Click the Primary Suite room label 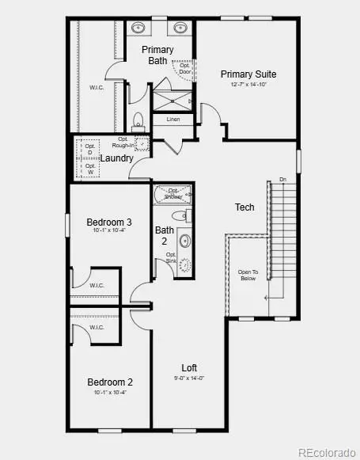(x=248, y=74)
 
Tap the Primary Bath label (x=157, y=55)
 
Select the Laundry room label (x=116, y=158)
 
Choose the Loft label (x=189, y=367)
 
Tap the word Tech (x=244, y=207)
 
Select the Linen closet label (x=173, y=120)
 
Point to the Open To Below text (x=248, y=275)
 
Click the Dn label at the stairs (x=282, y=179)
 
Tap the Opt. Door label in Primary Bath (x=184, y=69)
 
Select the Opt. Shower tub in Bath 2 (x=173, y=194)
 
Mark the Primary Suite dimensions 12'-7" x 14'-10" (x=248, y=85)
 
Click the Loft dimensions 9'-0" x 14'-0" (x=189, y=378)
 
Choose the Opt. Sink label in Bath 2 (x=171, y=257)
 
